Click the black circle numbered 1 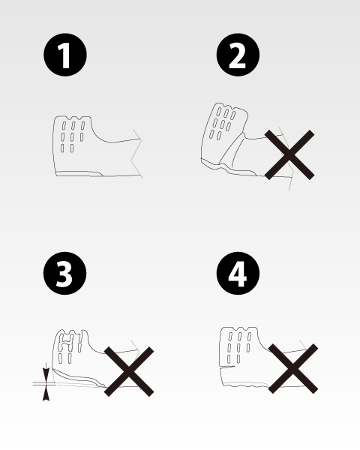(x=65, y=55)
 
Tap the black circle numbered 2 (x=238, y=55)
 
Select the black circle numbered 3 (x=65, y=273)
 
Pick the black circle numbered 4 (x=238, y=273)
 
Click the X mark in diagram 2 (x=289, y=155)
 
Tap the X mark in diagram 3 (x=129, y=371)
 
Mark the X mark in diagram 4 (x=293, y=368)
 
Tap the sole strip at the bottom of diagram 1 (x=79, y=173)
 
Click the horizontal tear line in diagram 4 (x=227, y=367)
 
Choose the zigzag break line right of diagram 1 (x=136, y=154)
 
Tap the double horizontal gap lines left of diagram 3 (x=44, y=383)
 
